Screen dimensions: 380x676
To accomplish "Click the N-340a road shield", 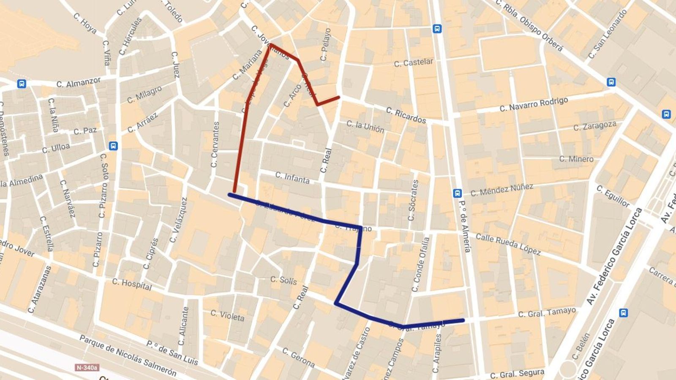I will pos(87,367).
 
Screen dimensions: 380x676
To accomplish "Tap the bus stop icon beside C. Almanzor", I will pos(22,84).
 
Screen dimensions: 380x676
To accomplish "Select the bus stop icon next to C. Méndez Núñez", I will pos(457,193).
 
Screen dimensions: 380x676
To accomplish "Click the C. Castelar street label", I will pos(413,62).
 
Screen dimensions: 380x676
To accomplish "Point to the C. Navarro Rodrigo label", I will pos(534,105).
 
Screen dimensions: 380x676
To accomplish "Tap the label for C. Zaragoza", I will pos(594,126).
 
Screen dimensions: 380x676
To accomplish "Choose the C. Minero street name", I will pos(576,159).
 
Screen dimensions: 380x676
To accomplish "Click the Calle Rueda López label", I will pos(508,244).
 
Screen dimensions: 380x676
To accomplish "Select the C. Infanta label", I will pos(292,178).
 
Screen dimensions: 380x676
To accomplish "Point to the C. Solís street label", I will pos(283,280).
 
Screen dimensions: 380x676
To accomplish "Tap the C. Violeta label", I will pos(227,315).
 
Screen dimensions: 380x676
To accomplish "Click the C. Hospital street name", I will pos(132,284).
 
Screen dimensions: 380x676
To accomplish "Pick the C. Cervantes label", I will pos(215,144).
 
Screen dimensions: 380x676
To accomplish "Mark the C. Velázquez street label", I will pos(178,220).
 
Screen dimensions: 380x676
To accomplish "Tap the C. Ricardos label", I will pos(406,115).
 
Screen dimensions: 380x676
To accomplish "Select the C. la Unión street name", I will pos(365,126).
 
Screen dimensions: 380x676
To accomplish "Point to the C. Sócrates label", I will pos(413,200).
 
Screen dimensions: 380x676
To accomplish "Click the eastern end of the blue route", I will pos(463,320).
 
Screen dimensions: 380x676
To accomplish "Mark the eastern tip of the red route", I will pos(338,98).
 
